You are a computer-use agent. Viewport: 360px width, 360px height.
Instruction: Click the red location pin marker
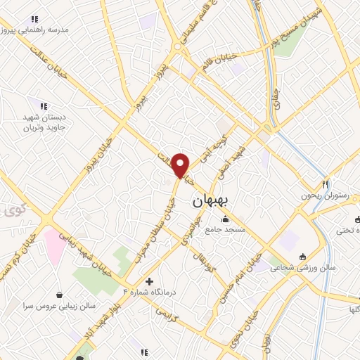(181, 165)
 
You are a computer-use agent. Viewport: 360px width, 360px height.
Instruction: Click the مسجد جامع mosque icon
(225, 219)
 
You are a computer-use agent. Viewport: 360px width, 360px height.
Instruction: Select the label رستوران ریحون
(322, 196)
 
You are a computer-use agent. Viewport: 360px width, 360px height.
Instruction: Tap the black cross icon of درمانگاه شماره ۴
(149, 281)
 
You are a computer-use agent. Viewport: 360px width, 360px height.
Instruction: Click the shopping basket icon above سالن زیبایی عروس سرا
(58, 295)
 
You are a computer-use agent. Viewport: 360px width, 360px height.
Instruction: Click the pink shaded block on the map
(54, 243)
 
